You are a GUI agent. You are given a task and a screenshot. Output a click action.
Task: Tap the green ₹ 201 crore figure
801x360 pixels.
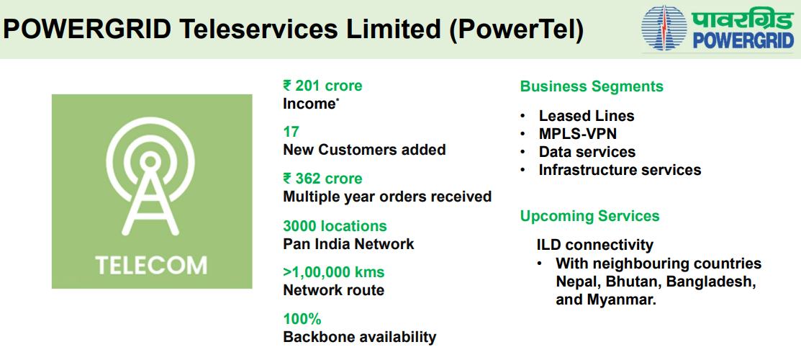(322, 86)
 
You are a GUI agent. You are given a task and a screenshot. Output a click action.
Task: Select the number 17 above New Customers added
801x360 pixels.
(291, 132)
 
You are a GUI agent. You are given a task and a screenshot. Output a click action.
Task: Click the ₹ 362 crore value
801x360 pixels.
(323, 179)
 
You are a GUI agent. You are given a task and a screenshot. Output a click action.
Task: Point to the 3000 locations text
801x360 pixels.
(335, 225)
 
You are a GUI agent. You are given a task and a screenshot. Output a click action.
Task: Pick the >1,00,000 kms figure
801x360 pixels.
(334, 272)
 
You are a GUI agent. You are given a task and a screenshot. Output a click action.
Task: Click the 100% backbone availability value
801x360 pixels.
(302, 319)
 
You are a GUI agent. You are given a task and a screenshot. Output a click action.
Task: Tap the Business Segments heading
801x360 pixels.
(592, 86)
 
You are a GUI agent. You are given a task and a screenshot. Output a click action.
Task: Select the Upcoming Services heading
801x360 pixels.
(589, 216)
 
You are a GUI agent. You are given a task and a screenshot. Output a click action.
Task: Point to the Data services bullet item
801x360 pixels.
(587, 152)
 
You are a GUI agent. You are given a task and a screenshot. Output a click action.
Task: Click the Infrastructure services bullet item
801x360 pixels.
(620, 169)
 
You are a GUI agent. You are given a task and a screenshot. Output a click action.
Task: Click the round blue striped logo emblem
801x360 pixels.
(665, 28)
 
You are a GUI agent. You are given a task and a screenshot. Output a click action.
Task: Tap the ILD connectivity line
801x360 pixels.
(594, 246)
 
